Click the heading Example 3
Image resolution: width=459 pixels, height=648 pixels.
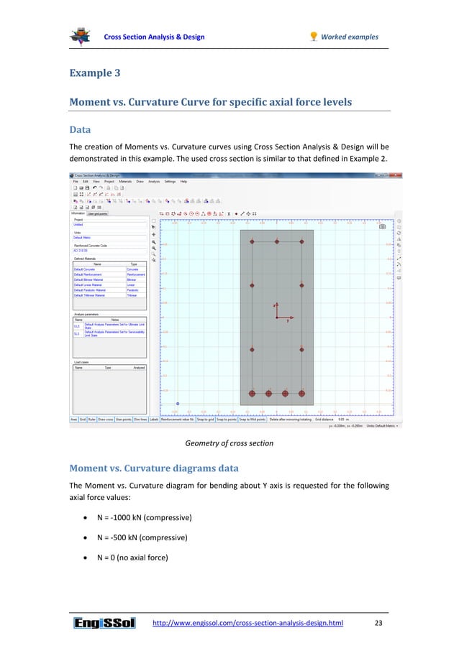(96, 73)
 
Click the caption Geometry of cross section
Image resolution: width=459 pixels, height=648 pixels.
(229, 443)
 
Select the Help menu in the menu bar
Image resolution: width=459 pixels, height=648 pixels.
(183, 182)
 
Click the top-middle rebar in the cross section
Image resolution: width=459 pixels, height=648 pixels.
(276, 242)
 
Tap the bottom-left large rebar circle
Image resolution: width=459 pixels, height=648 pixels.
(252, 394)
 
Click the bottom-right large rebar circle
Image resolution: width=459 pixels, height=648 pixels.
(302, 394)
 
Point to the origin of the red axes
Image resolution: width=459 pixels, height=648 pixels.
(277, 318)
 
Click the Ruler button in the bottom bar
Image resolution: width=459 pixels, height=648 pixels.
(91, 419)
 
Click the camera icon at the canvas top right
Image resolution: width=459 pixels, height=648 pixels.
(382, 227)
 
